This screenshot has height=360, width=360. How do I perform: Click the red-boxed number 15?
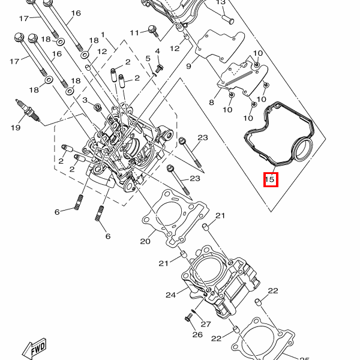(x=270, y=179)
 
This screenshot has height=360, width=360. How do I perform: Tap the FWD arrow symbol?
(x=35, y=349)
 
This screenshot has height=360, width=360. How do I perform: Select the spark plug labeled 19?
(x=28, y=110)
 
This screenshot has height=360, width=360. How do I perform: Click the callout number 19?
(x=16, y=128)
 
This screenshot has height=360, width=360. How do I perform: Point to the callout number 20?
(x=145, y=241)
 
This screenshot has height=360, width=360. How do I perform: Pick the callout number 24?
(x=170, y=295)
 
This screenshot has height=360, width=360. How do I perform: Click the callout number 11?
(x=134, y=33)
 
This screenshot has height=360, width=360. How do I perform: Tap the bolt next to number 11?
(x=153, y=31)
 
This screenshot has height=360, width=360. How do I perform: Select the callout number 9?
(x=188, y=67)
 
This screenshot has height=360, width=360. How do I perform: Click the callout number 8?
(x=211, y=103)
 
